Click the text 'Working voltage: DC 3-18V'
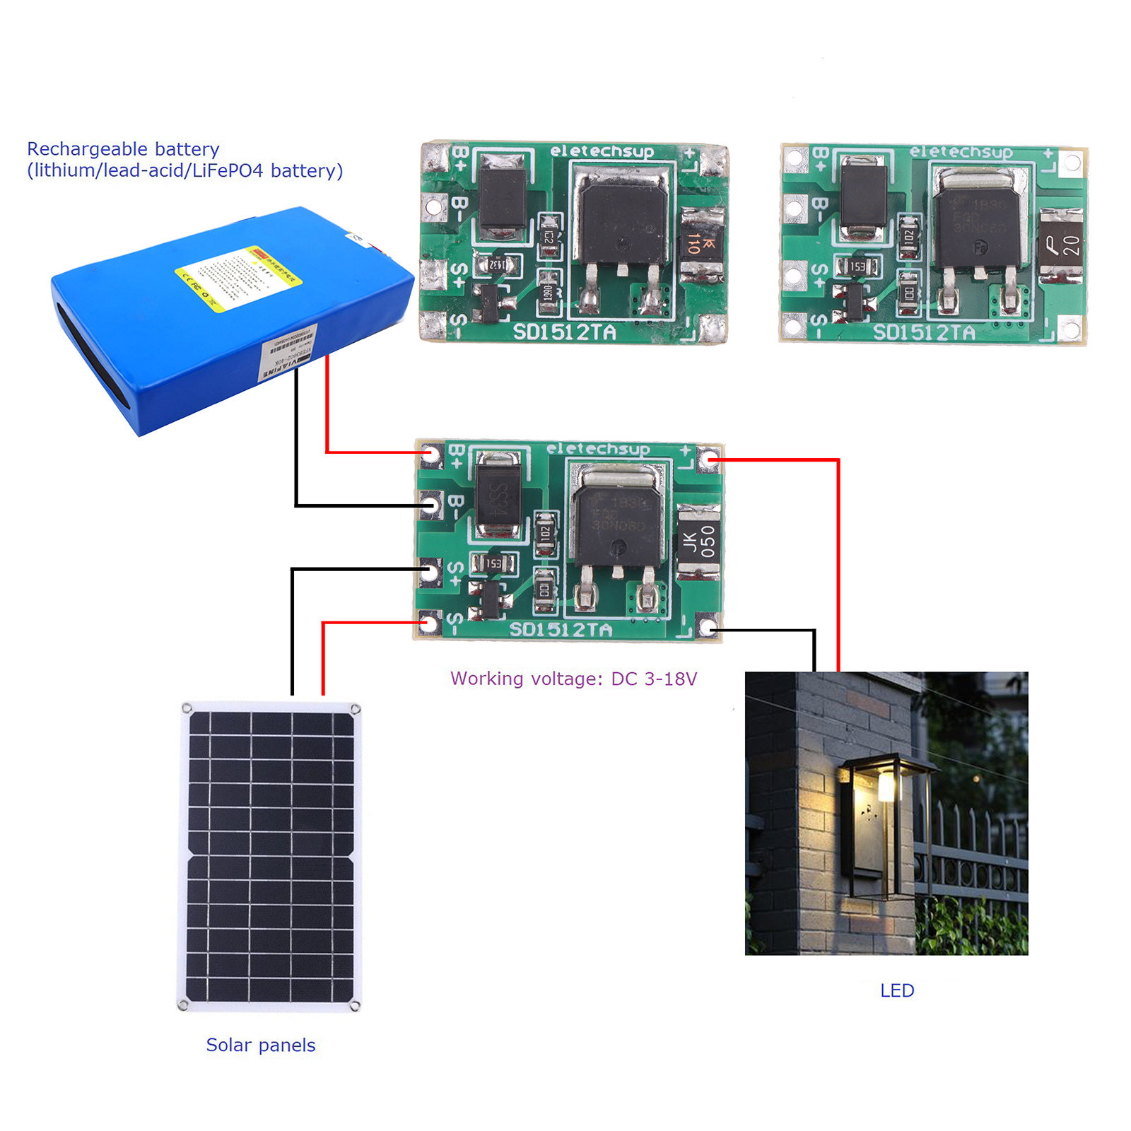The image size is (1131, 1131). [x=573, y=679]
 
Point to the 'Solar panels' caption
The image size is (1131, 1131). [x=260, y=1045]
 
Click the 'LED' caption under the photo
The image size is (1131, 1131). [x=896, y=990]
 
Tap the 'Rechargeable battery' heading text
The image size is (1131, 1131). [x=123, y=149]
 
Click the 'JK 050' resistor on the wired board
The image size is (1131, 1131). [x=699, y=541]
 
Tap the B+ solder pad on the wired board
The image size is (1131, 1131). [x=430, y=454]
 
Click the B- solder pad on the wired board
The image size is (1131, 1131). [x=430, y=504]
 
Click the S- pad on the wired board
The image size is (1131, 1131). [x=430, y=623]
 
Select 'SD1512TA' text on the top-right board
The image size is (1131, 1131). [x=925, y=332]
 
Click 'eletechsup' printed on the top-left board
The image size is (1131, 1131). [x=602, y=151]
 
